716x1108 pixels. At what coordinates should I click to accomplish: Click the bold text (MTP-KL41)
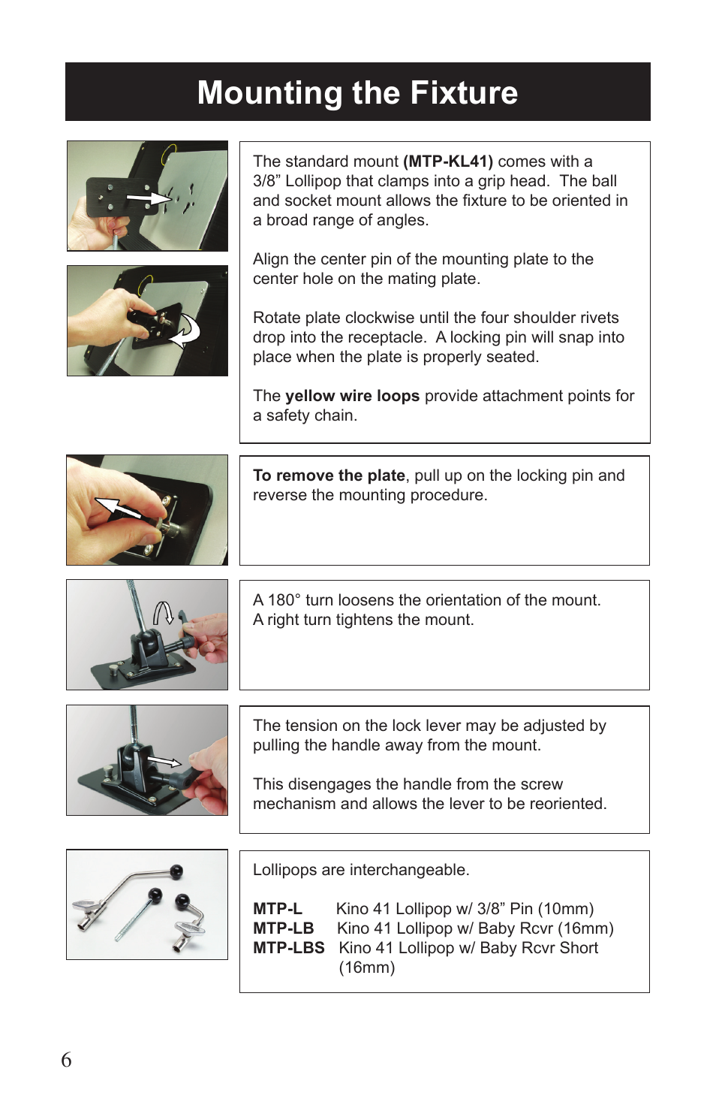[x=448, y=162]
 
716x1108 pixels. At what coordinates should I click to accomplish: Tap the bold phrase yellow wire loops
[x=352, y=396]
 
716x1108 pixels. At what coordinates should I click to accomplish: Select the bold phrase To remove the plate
[x=329, y=476]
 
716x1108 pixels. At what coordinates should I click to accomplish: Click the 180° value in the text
[x=284, y=600]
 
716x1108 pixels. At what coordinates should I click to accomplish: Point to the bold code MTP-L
[x=277, y=909]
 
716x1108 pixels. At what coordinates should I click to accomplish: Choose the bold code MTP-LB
[x=283, y=928]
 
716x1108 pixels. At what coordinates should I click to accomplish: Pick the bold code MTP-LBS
[x=288, y=948]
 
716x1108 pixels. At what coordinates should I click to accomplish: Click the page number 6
[x=66, y=1060]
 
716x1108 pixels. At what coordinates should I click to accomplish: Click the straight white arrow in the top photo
[x=149, y=198]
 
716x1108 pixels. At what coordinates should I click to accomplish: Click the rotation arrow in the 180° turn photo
[x=164, y=614]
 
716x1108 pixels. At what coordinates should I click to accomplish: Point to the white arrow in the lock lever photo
[x=164, y=762]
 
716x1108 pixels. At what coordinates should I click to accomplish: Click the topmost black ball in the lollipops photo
[x=176, y=872]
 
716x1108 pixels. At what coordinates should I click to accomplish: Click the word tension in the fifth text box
[x=311, y=726]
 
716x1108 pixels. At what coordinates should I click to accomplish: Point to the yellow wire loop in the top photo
[x=168, y=154]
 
